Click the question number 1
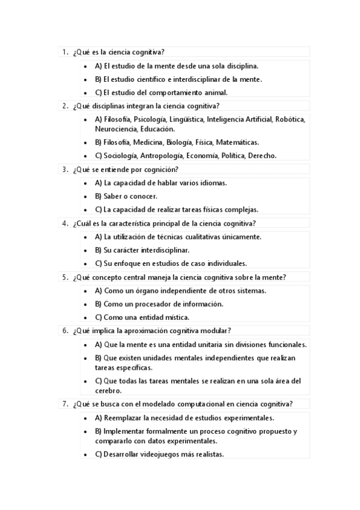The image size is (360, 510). point(64,53)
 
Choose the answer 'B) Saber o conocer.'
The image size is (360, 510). point(126,196)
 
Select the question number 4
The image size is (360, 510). point(64,223)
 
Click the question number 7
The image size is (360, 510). point(64,404)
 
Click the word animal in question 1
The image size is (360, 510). point(215,93)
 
